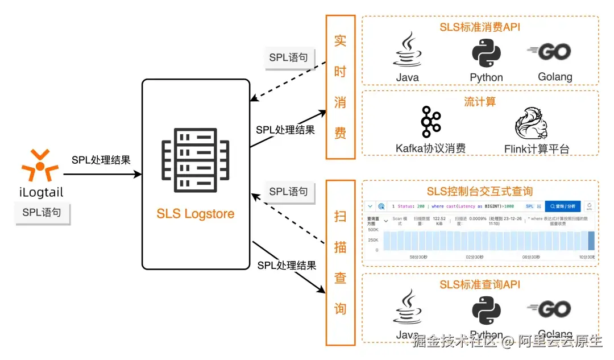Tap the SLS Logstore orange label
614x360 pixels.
tap(195, 214)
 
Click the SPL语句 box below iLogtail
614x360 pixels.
tap(42, 213)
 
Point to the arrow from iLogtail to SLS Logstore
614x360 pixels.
tap(102, 174)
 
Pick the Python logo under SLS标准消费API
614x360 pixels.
tap(486, 53)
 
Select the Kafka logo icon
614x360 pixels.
tap(430, 122)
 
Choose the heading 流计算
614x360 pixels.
tap(480, 101)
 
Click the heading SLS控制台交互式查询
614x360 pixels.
tap(480, 191)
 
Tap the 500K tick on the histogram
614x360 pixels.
tap(372, 230)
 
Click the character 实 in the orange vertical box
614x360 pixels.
tap(340, 41)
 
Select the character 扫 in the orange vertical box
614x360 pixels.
tap(340, 217)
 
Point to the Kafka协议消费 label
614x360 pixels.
tap(430, 148)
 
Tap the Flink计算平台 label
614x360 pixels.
tap(536, 149)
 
